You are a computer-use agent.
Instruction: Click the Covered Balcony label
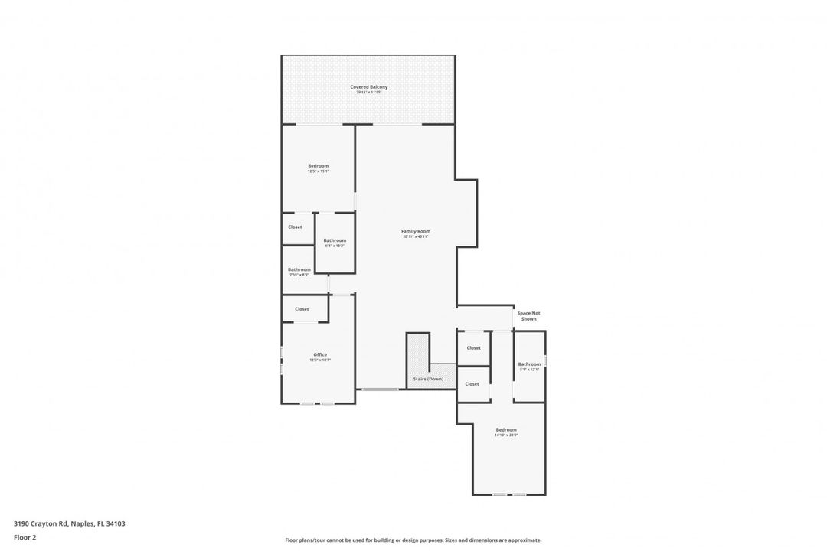click(369, 87)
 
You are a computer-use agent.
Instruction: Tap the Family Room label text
click(416, 231)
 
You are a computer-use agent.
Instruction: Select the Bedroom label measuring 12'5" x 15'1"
click(319, 166)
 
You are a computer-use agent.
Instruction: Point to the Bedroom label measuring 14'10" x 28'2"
click(506, 430)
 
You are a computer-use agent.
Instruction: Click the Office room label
click(320, 354)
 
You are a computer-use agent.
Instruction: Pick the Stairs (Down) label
click(428, 379)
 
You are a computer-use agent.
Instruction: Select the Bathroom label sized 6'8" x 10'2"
click(335, 240)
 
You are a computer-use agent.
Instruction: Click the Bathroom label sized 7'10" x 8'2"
click(299, 269)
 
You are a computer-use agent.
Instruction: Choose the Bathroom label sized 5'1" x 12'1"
click(529, 364)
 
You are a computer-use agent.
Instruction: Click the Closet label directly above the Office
click(302, 309)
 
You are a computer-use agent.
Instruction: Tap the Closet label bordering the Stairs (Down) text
click(472, 384)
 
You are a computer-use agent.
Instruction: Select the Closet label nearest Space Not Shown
click(474, 348)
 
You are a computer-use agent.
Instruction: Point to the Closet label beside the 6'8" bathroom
click(295, 227)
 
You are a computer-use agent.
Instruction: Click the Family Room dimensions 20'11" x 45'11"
click(416, 237)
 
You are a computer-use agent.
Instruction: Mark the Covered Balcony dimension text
click(369, 93)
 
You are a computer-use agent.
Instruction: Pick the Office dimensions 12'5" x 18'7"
click(320, 360)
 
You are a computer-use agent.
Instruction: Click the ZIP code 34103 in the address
click(115, 523)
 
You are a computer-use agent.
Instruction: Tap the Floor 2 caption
click(25, 537)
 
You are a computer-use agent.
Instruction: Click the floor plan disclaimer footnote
click(413, 540)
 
